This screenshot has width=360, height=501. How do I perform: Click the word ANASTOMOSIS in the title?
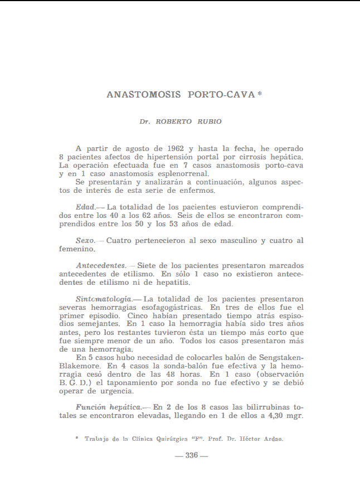143,95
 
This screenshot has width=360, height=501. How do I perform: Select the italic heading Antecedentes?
101,265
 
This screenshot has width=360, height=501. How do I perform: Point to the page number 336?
192,455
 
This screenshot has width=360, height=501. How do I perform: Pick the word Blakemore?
79,366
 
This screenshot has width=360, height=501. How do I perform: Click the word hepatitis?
165,283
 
